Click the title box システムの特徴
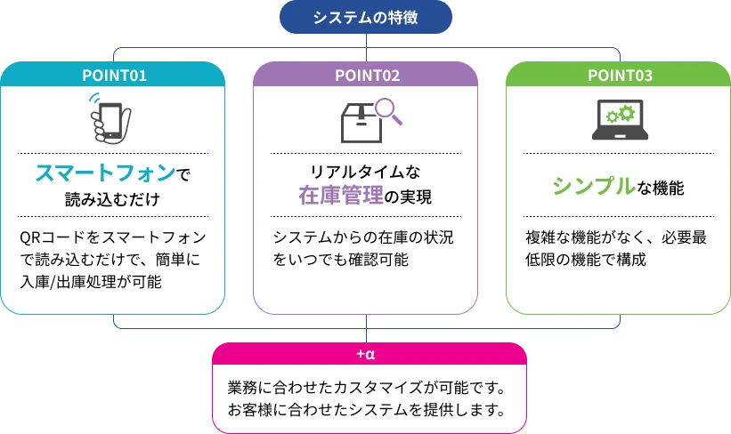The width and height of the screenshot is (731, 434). tap(366, 18)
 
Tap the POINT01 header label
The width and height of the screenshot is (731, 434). tap(113, 76)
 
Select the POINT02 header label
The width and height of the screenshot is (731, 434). tap(367, 76)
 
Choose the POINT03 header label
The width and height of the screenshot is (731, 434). tap(620, 76)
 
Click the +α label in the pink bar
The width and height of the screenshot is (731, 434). tap(366, 355)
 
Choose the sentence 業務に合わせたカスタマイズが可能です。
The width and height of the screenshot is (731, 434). tap(366, 388)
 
